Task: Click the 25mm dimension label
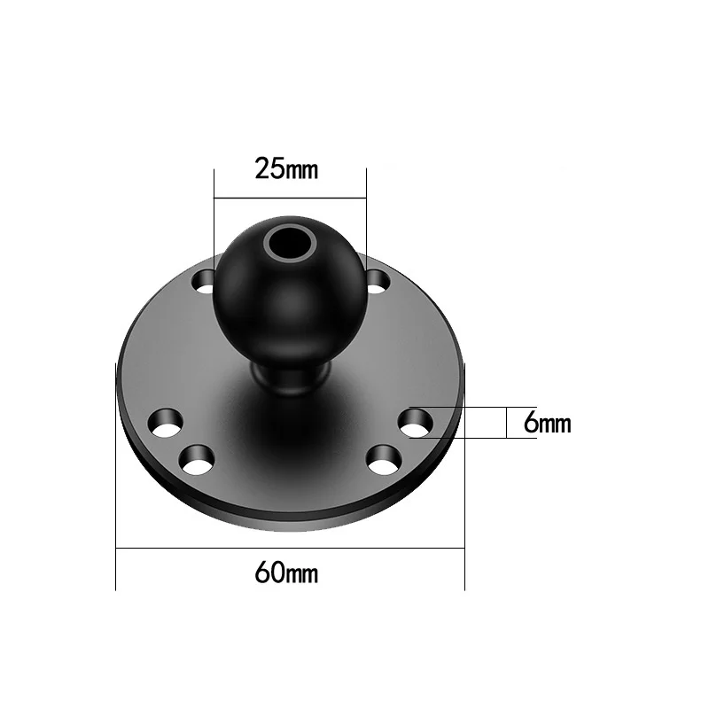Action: click(x=285, y=168)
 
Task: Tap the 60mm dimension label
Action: click(x=285, y=573)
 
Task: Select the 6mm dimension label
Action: click(x=547, y=424)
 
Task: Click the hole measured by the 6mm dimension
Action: click(x=415, y=423)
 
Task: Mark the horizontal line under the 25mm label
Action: click(x=290, y=197)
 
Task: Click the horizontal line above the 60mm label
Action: click(x=290, y=549)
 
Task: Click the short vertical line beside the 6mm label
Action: click(x=506, y=423)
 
